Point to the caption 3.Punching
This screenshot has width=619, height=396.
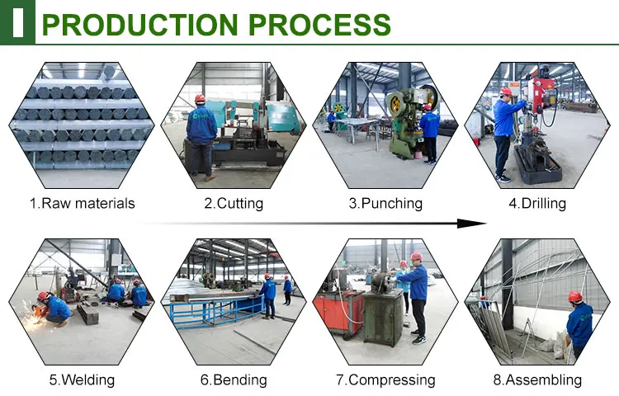pyautogui.click(x=385, y=203)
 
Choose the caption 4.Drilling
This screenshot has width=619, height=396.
pyautogui.click(x=536, y=203)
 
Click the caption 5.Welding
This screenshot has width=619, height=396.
pyautogui.click(x=82, y=380)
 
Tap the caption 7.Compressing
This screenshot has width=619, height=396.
pyautogui.click(x=384, y=380)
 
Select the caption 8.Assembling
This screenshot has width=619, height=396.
pyautogui.click(x=537, y=380)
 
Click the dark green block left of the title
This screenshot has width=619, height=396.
pyautogui.click(x=17, y=21)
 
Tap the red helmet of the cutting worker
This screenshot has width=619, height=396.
pyautogui.click(x=200, y=99)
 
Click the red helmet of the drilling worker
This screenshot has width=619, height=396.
pyautogui.click(x=506, y=92)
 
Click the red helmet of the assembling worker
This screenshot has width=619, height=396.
pyautogui.click(x=575, y=297)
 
